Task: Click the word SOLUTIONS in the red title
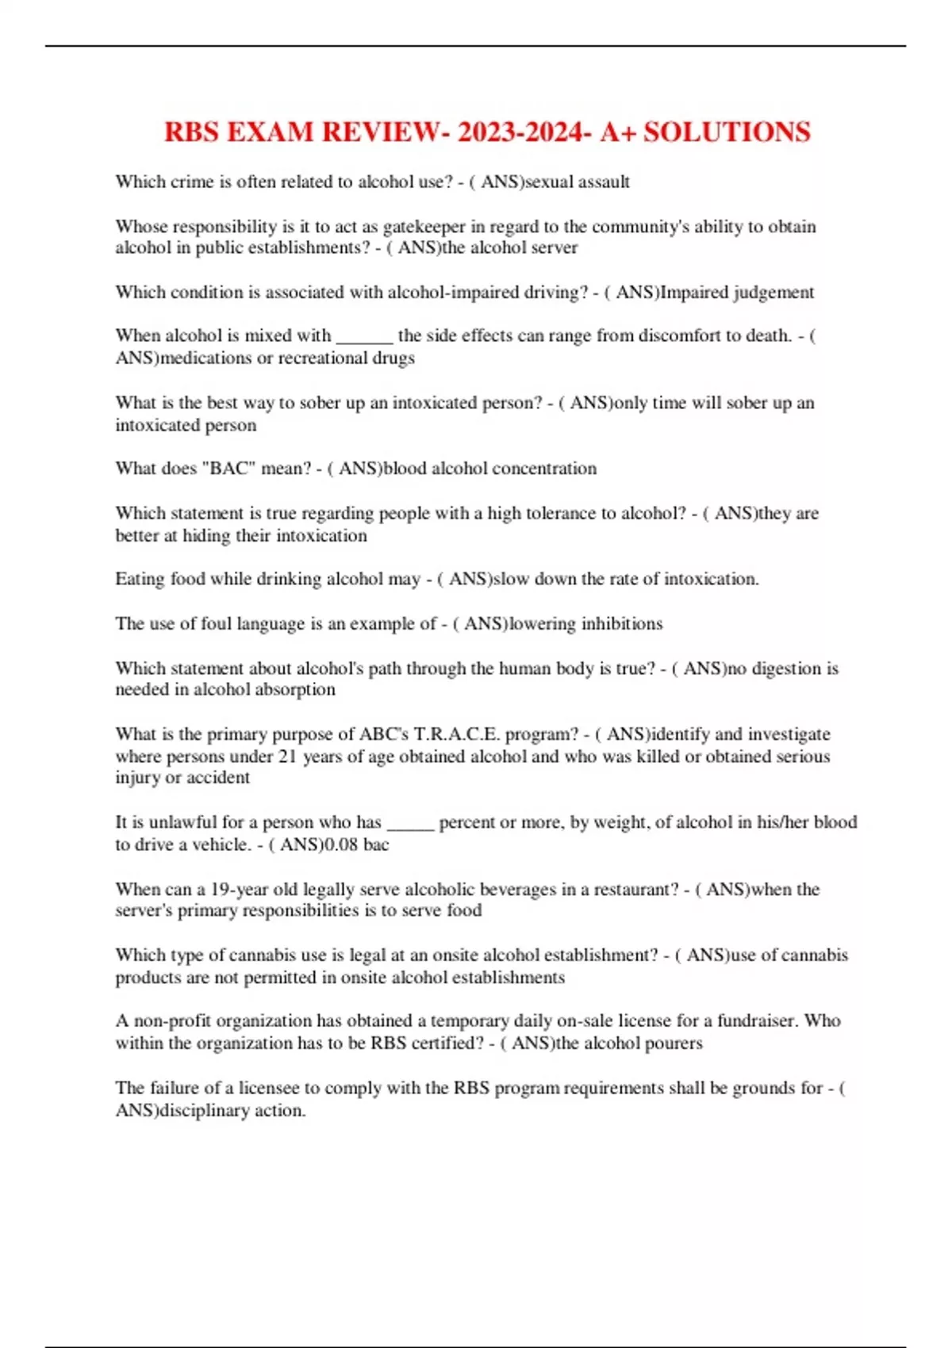(x=727, y=132)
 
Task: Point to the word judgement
(x=773, y=293)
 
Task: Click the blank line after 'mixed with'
(x=364, y=336)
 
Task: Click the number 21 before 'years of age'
(x=286, y=756)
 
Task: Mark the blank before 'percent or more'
(x=410, y=823)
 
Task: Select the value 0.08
(x=341, y=844)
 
